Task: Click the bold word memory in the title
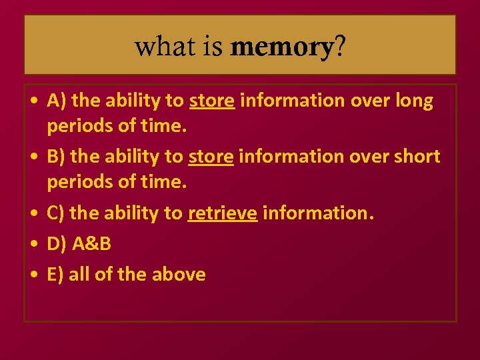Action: (281, 47)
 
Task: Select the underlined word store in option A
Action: (212, 101)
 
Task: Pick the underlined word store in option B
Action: (211, 157)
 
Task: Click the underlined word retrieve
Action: (223, 213)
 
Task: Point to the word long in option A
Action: (413, 101)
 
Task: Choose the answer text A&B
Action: (91, 243)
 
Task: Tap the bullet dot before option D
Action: (33, 245)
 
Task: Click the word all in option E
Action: (79, 274)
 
